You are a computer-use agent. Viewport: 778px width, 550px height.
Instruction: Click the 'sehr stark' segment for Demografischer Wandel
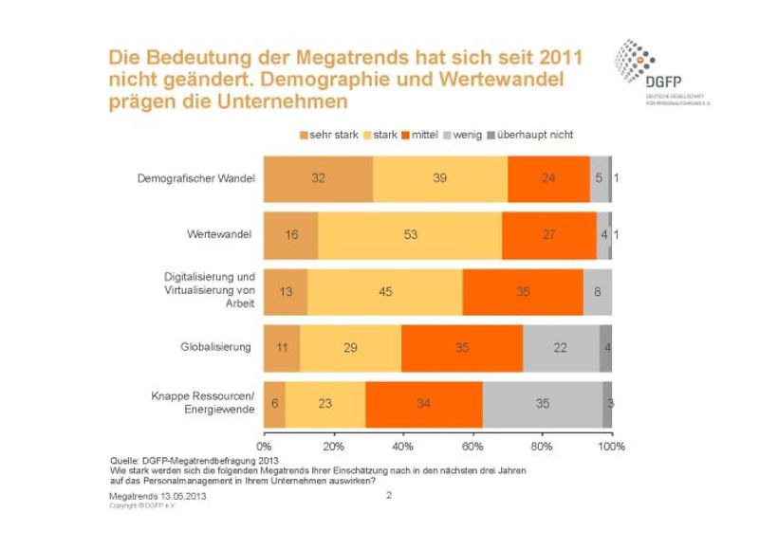318,178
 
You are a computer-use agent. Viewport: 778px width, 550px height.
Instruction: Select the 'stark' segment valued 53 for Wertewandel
410,234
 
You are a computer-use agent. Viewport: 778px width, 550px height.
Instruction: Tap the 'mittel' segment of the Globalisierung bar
462,347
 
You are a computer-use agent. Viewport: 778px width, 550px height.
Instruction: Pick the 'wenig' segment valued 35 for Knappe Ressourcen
543,403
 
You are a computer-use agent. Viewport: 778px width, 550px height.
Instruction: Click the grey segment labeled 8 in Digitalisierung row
598,291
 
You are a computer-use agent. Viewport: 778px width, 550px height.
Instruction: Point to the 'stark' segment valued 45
385,291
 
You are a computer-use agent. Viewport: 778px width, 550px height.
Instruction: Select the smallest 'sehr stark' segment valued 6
274,403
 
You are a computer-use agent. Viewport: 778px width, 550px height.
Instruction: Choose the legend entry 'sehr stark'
332,135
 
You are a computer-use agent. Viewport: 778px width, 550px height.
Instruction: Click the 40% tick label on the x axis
402,445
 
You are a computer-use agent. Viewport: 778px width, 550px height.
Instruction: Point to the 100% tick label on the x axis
611,445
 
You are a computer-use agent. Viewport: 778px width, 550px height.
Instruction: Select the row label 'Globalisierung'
219,347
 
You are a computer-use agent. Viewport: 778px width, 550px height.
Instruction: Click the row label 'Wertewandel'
225,234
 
